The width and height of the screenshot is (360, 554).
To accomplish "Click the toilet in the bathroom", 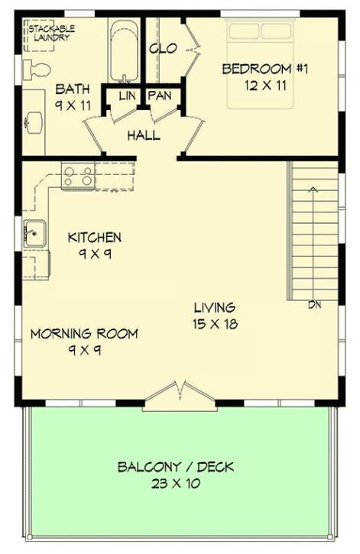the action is [x=36, y=70].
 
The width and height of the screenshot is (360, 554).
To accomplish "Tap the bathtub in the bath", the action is [x=123, y=51].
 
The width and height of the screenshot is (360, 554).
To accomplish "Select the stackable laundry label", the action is [x=51, y=33].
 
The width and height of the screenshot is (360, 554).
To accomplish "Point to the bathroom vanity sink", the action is [x=34, y=122].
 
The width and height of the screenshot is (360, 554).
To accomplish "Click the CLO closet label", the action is [x=163, y=48].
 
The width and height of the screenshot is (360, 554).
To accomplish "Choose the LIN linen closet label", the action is [x=127, y=96].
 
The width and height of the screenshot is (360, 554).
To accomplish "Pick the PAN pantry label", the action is [x=160, y=96].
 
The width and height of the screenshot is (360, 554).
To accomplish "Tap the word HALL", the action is [x=144, y=135].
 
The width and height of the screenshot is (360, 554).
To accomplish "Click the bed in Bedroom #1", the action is [x=261, y=63].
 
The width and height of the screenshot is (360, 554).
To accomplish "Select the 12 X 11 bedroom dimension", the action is [x=265, y=86].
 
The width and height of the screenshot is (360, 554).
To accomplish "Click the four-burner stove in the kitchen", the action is [x=78, y=177].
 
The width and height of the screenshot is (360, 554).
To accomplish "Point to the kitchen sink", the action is [x=34, y=234].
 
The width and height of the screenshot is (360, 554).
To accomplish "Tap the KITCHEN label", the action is [x=94, y=238].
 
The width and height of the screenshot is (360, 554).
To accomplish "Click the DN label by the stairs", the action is [x=314, y=305].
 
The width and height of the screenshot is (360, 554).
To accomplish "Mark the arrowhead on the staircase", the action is [x=313, y=189].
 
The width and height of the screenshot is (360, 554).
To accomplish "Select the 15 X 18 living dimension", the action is [x=215, y=324].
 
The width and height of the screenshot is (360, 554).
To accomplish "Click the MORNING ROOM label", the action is [x=84, y=333].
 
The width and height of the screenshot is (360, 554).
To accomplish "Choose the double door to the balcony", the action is [x=180, y=396].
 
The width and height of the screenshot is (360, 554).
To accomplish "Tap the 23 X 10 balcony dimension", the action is [x=176, y=483].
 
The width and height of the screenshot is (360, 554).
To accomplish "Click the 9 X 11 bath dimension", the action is [x=73, y=105].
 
